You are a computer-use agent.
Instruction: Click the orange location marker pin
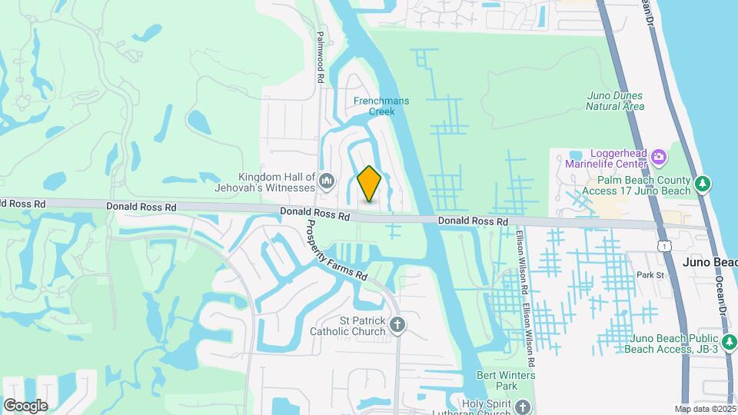pyautogui.click(x=370, y=184)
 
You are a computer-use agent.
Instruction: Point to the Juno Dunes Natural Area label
pyautogui.click(x=615, y=101)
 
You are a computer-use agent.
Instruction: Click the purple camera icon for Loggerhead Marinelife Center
pyautogui.click(x=659, y=158)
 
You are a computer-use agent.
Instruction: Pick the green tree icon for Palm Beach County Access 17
pyautogui.click(x=701, y=184)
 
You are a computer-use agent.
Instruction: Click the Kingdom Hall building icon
pyautogui.click(x=327, y=181)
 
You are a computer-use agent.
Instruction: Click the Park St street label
pyautogui.click(x=650, y=274)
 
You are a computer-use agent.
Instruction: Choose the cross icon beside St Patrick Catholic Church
pyautogui.click(x=397, y=325)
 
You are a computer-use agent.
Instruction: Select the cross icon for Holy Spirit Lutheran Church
pyautogui.click(x=524, y=406)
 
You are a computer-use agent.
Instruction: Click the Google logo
pyautogui.click(x=25, y=405)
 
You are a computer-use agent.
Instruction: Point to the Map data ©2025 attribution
pyautogui.click(x=704, y=409)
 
